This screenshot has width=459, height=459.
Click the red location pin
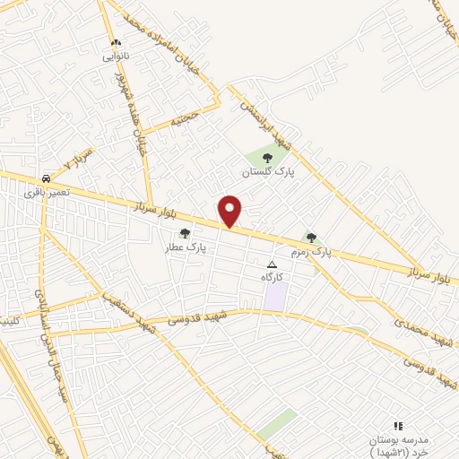point(230,211)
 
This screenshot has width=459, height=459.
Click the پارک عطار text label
point(186,247)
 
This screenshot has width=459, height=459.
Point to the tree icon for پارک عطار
point(185,233)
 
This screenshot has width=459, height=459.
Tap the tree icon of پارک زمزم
point(311,238)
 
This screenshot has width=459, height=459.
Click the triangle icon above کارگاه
point(273,264)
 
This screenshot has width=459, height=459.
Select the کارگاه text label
point(273,278)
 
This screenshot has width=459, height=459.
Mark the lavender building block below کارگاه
point(275,296)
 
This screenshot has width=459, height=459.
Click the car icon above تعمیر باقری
point(46,178)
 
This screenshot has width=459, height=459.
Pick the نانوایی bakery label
point(116,56)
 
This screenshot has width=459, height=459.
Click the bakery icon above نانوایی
point(116,42)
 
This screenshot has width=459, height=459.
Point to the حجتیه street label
point(194,117)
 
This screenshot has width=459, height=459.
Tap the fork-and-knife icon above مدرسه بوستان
point(399,426)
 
